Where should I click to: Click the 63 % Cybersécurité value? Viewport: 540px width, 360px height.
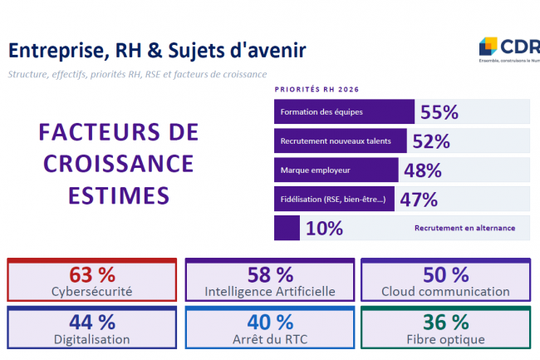(x=91, y=274)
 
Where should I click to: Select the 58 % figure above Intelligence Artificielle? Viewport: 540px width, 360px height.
(x=270, y=274)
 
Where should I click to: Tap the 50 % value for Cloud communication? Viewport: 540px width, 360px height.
(x=445, y=274)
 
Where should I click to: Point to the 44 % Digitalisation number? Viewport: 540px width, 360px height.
(x=91, y=322)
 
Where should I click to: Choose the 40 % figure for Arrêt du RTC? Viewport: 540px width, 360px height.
(x=270, y=322)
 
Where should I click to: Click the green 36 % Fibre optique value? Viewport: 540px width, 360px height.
(x=445, y=322)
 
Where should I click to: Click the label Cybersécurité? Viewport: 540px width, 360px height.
(x=91, y=291)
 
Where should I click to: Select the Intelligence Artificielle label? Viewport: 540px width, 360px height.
(x=270, y=291)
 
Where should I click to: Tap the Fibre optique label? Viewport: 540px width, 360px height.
(x=445, y=339)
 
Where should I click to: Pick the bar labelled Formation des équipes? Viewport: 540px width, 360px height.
(x=343, y=112)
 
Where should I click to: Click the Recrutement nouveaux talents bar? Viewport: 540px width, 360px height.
(x=339, y=141)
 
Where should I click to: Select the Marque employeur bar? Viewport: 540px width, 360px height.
(x=336, y=170)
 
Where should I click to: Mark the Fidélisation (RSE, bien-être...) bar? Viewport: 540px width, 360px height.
(x=335, y=200)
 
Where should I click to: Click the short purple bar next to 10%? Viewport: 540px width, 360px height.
(x=287, y=228)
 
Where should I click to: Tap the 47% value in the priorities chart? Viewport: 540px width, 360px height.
(x=419, y=200)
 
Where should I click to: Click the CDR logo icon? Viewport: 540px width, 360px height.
(x=488, y=46)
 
